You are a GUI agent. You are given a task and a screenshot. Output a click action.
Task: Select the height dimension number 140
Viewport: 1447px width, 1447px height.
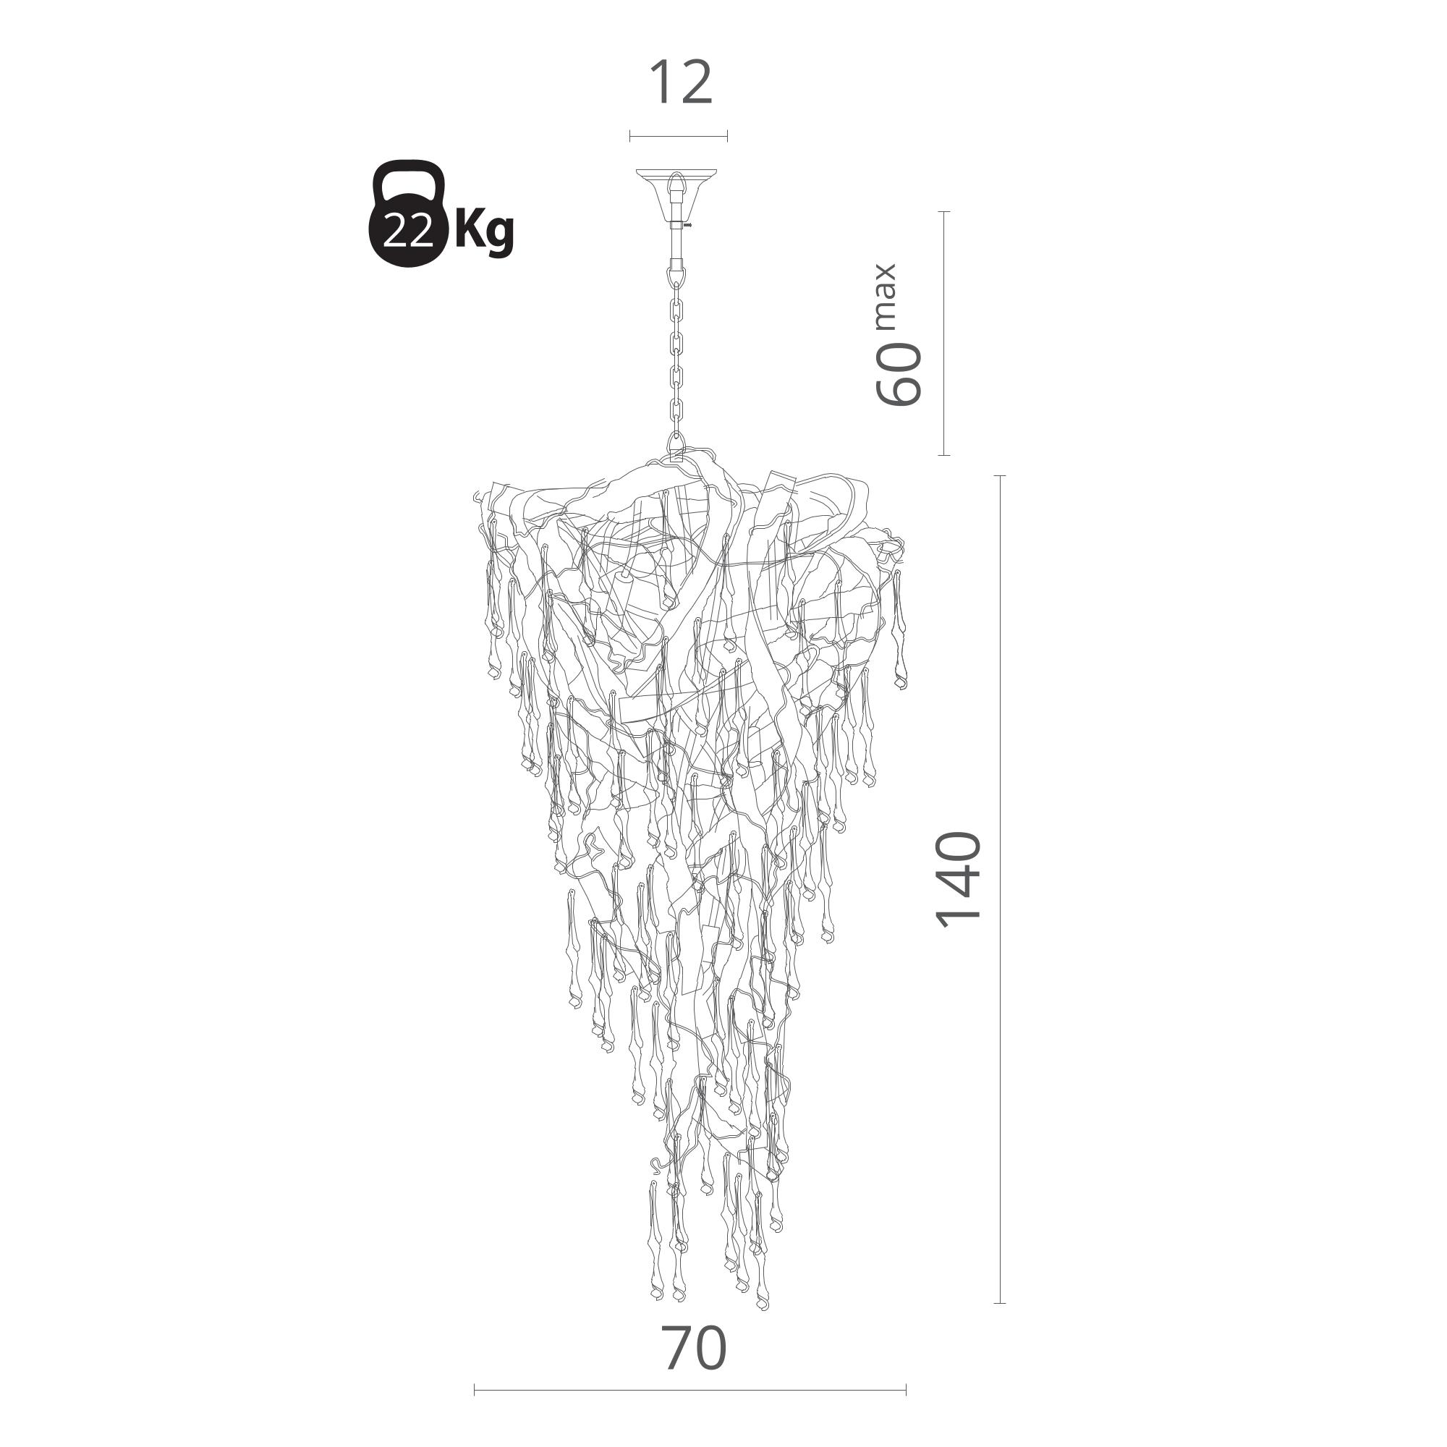click(x=959, y=878)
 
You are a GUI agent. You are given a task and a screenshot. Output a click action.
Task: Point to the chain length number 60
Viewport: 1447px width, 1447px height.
click(x=899, y=374)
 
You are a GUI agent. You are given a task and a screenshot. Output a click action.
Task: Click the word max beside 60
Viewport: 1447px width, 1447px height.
click(x=885, y=297)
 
